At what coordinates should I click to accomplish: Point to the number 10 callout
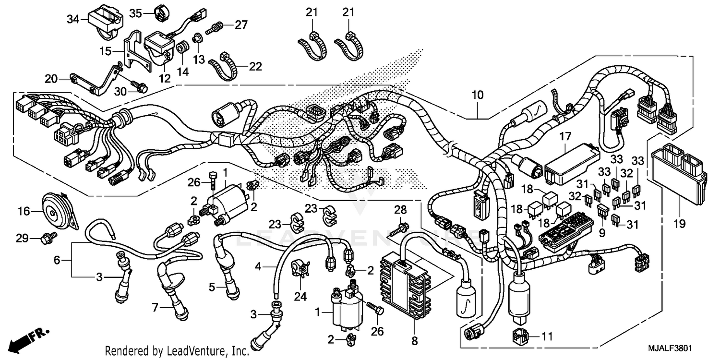(478, 95)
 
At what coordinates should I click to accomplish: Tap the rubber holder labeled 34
(103, 21)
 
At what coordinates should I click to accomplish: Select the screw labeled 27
(214, 28)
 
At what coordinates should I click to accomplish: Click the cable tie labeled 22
(225, 66)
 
